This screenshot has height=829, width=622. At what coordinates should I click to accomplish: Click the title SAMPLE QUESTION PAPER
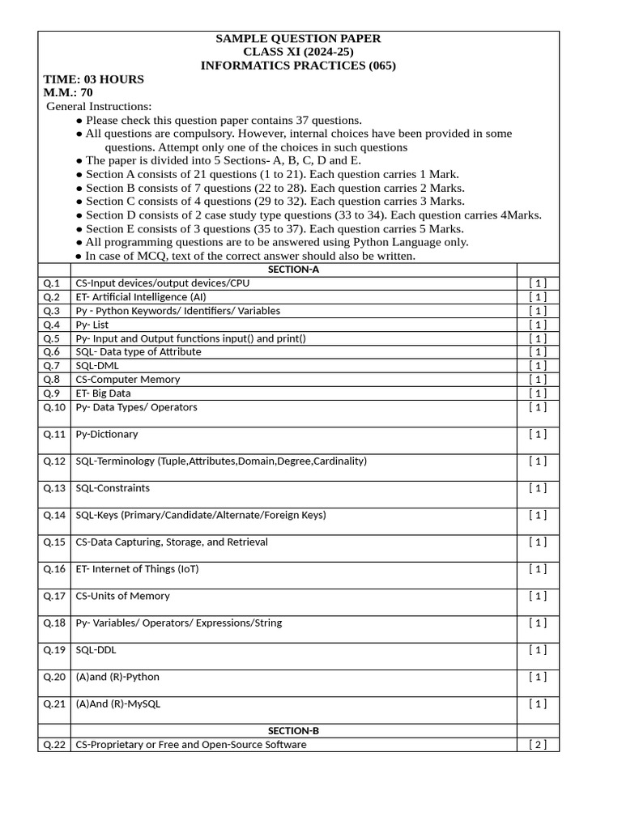(298, 39)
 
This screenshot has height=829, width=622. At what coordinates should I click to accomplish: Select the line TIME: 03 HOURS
(93, 79)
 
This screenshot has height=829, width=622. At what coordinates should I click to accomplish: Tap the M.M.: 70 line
(68, 92)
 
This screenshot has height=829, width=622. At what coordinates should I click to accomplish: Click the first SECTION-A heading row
(293, 270)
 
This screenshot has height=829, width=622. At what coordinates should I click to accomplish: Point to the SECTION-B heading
(293, 730)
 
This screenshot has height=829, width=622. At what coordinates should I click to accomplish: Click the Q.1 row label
(53, 283)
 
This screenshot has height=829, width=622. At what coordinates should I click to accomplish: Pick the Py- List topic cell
(92, 325)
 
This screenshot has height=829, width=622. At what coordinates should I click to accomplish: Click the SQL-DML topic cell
(97, 365)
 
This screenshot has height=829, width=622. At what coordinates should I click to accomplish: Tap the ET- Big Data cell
(103, 393)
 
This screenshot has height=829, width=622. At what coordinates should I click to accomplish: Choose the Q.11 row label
(54, 434)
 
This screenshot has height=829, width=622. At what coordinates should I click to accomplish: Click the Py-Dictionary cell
(107, 434)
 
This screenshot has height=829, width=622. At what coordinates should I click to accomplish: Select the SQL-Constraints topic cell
(113, 488)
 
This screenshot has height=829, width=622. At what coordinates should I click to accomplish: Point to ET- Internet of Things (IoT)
(137, 569)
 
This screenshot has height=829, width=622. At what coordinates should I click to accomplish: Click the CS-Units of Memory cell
(122, 596)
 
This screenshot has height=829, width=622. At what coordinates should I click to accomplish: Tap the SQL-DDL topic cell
(96, 649)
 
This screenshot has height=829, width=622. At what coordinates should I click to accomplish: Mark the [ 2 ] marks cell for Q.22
(538, 745)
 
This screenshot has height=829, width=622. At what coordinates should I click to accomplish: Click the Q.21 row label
(54, 704)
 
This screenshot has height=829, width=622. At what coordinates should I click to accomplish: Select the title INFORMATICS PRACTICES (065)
(298, 66)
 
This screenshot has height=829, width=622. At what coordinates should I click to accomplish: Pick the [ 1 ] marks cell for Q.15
(538, 542)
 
